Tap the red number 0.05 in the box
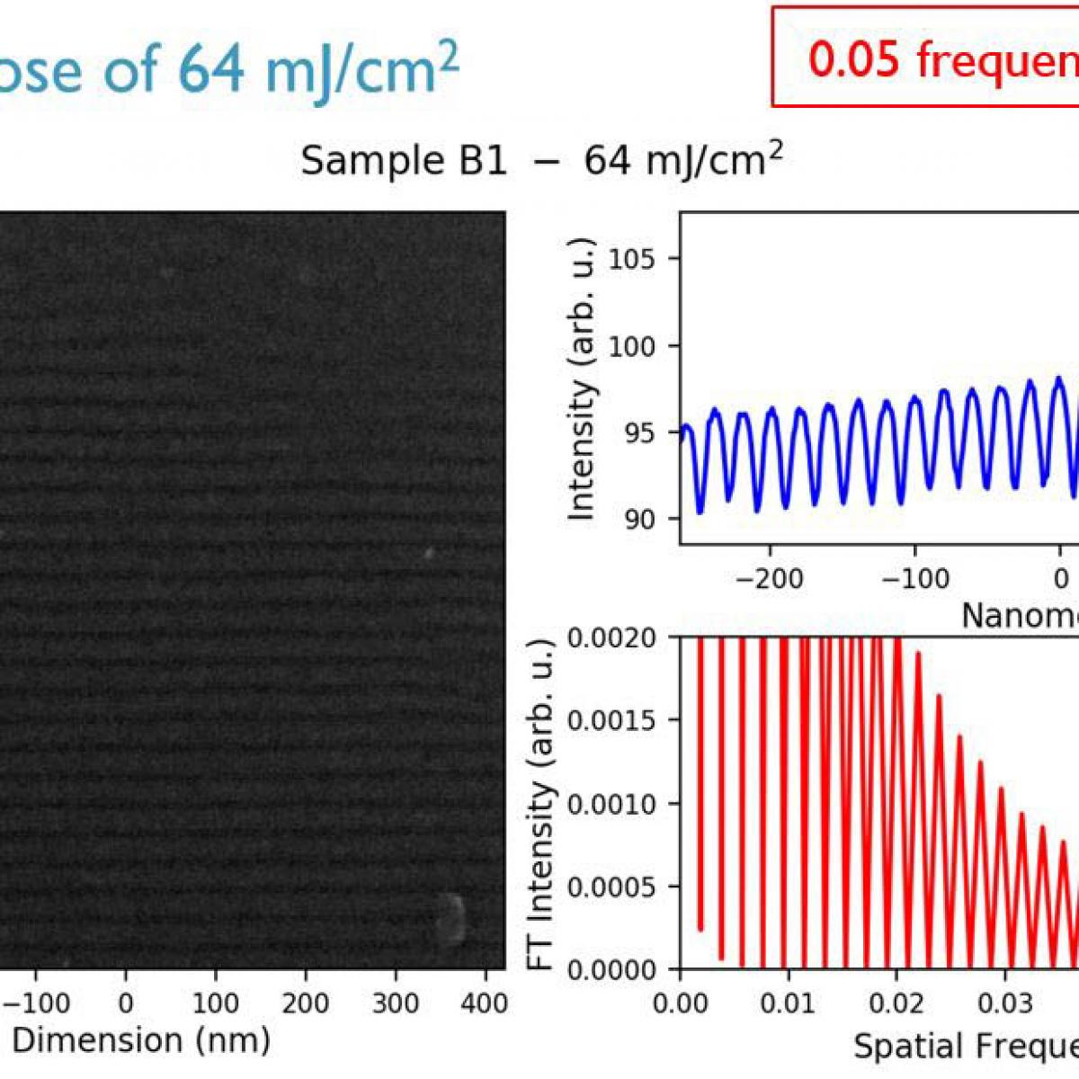click(852, 59)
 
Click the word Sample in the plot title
click(357, 162)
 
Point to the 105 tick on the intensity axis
click(633, 260)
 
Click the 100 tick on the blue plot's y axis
click(633, 346)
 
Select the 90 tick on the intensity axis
click(641, 519)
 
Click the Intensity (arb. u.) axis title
click(583, 379)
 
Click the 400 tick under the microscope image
click(485, 1003)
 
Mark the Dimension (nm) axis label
click(141, 1040)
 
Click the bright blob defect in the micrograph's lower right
click(449, 918)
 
